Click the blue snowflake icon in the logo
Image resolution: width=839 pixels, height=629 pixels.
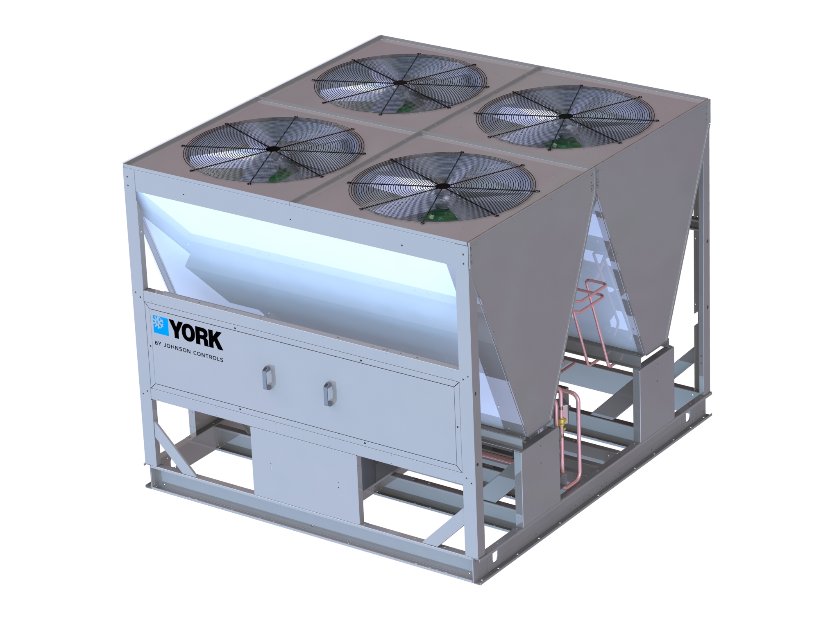(x=160, y=323)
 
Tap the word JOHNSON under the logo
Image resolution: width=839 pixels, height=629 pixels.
(x=177, y=351)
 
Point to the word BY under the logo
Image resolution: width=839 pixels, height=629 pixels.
(x=157, y=346)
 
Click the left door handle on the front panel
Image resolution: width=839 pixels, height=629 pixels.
(x=267, y=377)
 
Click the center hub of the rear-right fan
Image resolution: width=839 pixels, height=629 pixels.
(x=566, y=116)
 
